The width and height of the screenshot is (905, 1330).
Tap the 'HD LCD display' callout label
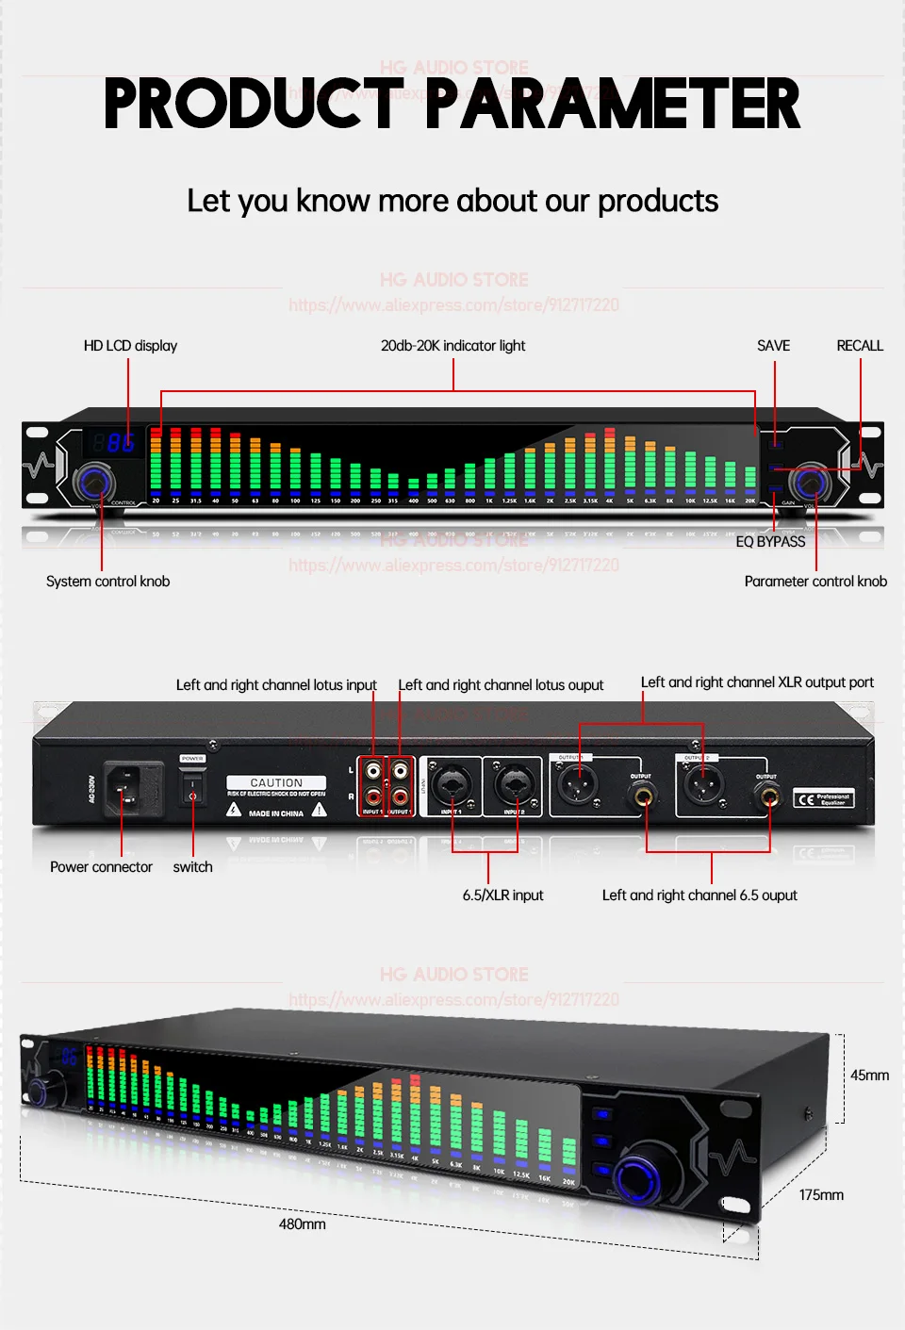(x=130, y=346)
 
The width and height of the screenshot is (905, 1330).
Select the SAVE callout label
(x=773, y=346)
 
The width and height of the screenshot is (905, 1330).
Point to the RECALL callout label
(x=860, y=346)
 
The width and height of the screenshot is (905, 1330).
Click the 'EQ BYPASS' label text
(x=770, y=542)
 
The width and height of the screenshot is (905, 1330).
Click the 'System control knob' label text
(x=107, y=582)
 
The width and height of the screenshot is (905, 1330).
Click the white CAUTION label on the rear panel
(x=276, y=783)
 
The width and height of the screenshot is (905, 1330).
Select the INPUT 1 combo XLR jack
(x=451, y=784)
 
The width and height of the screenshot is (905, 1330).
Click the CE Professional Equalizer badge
(x=823, y=799)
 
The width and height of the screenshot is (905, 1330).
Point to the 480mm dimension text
(x=302, y=1224)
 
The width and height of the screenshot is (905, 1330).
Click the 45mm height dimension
(x=869, y=1075)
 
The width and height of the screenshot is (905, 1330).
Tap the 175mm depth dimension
(x=821, y=1195)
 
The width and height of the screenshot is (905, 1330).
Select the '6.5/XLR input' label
(x=502, y=895)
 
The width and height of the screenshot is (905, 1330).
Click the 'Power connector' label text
(x=101, y=867)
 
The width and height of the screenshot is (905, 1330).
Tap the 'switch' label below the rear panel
(x=192, y=867)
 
